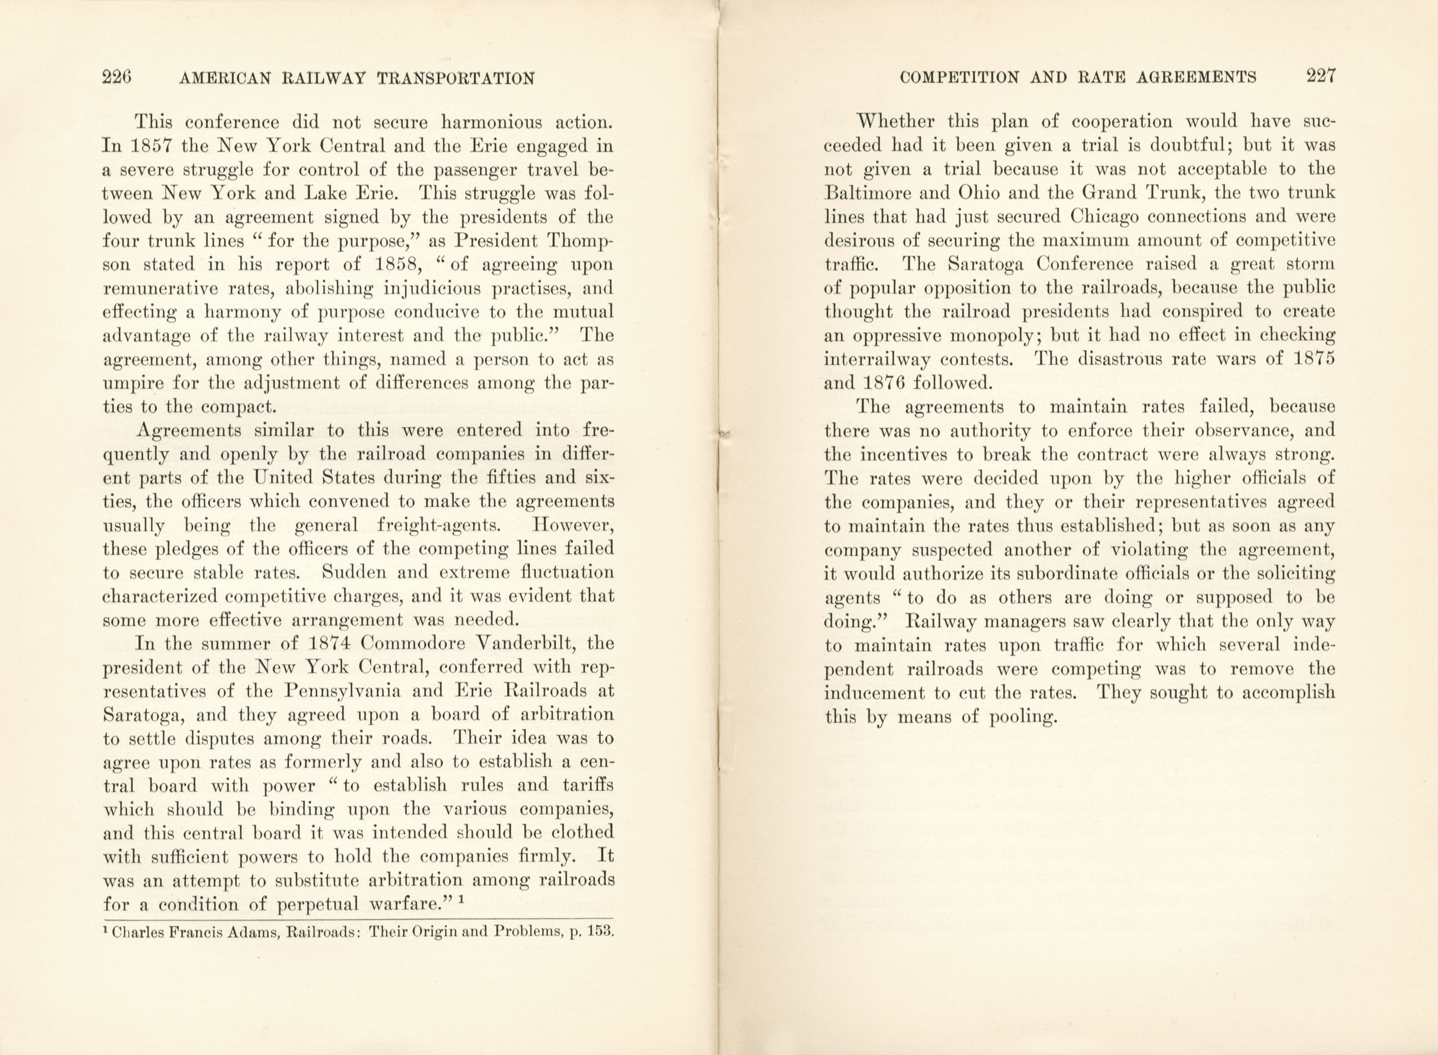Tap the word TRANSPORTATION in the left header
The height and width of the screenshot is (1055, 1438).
click(x=456, y=79)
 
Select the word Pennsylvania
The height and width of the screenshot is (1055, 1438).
click(x=342, y=691)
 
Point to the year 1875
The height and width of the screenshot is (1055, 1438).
click(x=1312, y=359)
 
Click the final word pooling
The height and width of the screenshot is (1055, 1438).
click(x=1023, y=717)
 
